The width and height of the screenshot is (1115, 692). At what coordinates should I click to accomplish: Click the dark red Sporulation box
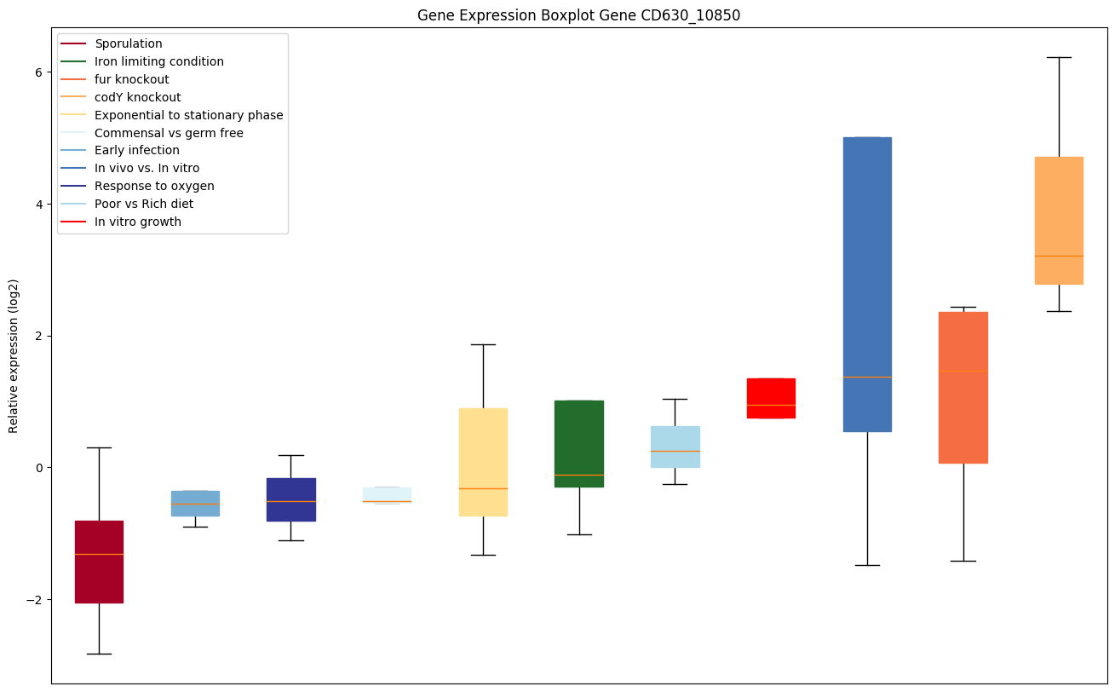click(x=99, y=562)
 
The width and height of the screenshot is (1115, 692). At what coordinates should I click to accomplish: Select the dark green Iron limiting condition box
click(x=579, y=443)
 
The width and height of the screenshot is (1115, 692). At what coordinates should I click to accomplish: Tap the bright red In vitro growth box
click(x=771, y=398)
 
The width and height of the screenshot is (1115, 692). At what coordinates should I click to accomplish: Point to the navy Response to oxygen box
click(x=291, y=499)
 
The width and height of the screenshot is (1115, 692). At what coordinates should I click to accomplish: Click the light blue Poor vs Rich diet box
click(x=675, y=447)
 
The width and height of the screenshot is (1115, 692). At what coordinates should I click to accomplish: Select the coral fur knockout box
click(x=963, y=387)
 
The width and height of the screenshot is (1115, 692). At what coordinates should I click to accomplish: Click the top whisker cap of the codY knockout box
click(x=1059, y=57)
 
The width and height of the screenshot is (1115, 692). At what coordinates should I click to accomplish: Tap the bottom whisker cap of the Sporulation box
click(x=99, y=654)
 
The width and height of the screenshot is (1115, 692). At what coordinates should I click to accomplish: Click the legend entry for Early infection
click(x=137, y=151)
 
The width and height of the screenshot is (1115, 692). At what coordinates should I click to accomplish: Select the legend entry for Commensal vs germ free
click(x=169, y=133)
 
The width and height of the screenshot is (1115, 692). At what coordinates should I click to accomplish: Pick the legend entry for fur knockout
click(x=132, y=79)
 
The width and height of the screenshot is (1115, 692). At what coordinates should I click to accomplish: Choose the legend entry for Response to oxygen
click(x=154, y=187)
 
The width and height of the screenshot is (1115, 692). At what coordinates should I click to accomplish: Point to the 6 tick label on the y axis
click(x=37, y=72)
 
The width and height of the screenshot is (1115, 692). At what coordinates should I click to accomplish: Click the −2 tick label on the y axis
click(x=34, y=599)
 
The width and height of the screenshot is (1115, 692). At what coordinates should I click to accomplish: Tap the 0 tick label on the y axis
click(x=37, y=468)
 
